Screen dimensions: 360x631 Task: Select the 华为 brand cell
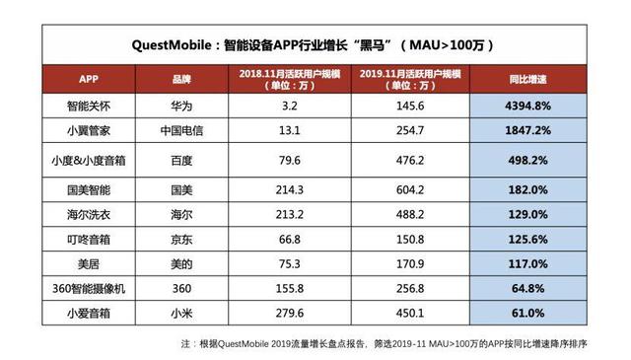pos(183,102)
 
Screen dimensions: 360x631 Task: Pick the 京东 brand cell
pos(183,239)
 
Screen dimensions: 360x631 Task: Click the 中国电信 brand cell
pos(183,128)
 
